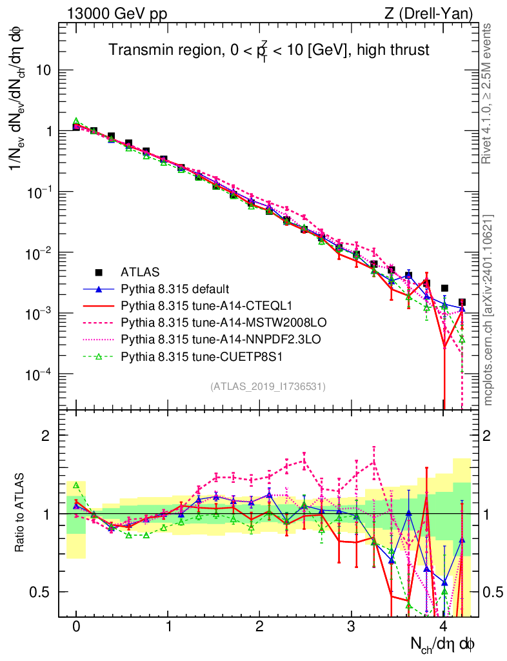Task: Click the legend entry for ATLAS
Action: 139,272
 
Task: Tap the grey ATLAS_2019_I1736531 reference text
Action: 268,387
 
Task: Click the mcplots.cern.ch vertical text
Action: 488,310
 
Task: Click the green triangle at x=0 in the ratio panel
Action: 76,485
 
